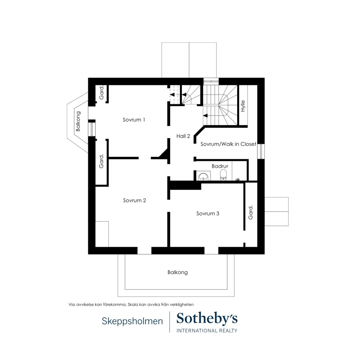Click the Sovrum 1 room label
tap(134, 120)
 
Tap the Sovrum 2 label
tap(135, 200)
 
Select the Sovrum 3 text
tap(208, 214)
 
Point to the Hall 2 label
tap(183, 136)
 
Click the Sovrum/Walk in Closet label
tap(228, 144)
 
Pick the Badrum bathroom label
tap(220, 166)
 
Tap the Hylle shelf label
tap(243, 106)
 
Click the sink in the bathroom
tap(203, 176)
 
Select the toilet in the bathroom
tap(223, 175)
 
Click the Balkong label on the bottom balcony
tap(177, 272)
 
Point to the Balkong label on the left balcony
tap(78, 121)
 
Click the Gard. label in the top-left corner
tap(101, 92)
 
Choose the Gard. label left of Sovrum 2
tap(101, 161)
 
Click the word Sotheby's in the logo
tap(207, 319)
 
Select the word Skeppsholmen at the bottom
tap(132, 321)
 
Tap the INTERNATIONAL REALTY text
tap(207, 331)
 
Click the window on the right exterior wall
tap(261, 151)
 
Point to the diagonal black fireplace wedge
tap(164, 154)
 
